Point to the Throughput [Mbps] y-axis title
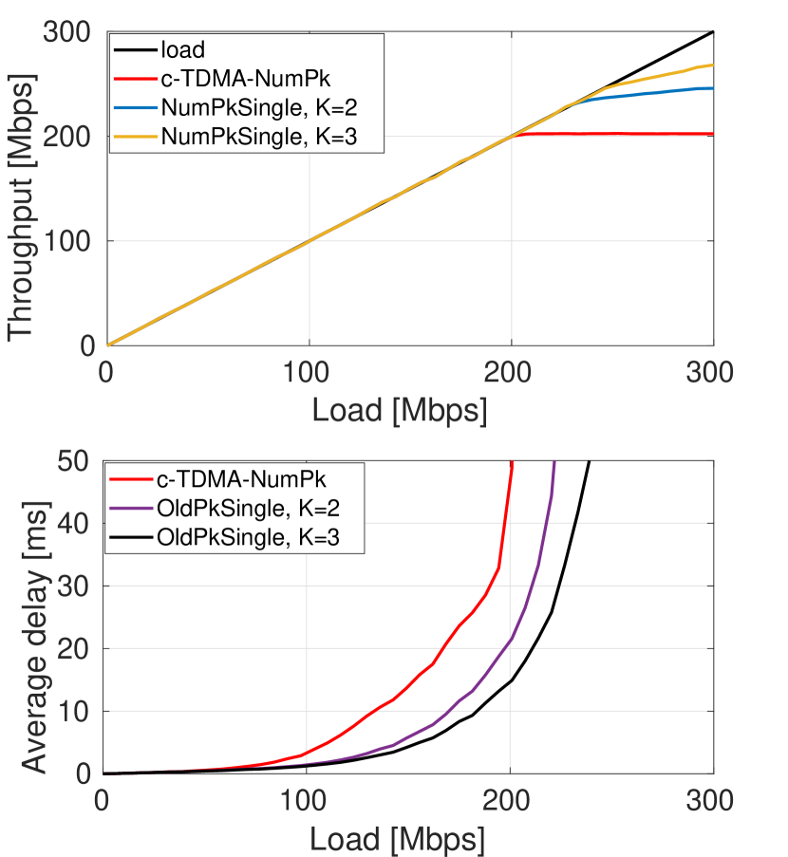click(x=21, y=189)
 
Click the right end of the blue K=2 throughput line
click(x=712, y=88)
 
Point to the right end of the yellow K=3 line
click(x=712, y=65)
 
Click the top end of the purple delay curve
click(x=553, y=462)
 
